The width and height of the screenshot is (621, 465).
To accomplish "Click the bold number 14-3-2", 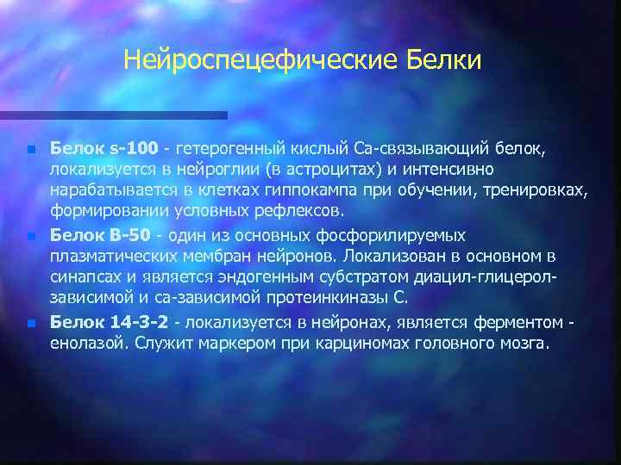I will tap(138, 322).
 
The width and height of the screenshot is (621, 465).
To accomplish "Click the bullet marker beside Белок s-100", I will tap(30, 150).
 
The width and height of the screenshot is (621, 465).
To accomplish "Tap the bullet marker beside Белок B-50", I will tap(30, 236).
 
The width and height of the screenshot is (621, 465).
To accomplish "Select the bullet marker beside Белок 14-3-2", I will tap(30, 323).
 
